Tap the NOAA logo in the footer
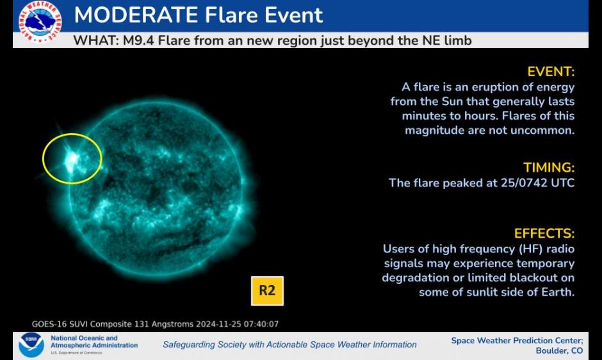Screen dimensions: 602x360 (31, 345)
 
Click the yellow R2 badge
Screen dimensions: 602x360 (267, 291)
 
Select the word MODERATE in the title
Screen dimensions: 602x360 (136, 15)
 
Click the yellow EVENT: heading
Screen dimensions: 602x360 (551, 72)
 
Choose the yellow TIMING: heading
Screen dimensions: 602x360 (549, 168)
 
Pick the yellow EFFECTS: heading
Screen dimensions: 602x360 (544, 234)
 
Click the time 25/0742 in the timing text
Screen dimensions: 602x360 (524, 183)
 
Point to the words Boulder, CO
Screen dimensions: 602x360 (559, 350)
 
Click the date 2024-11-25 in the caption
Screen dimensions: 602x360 (218, 324)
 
